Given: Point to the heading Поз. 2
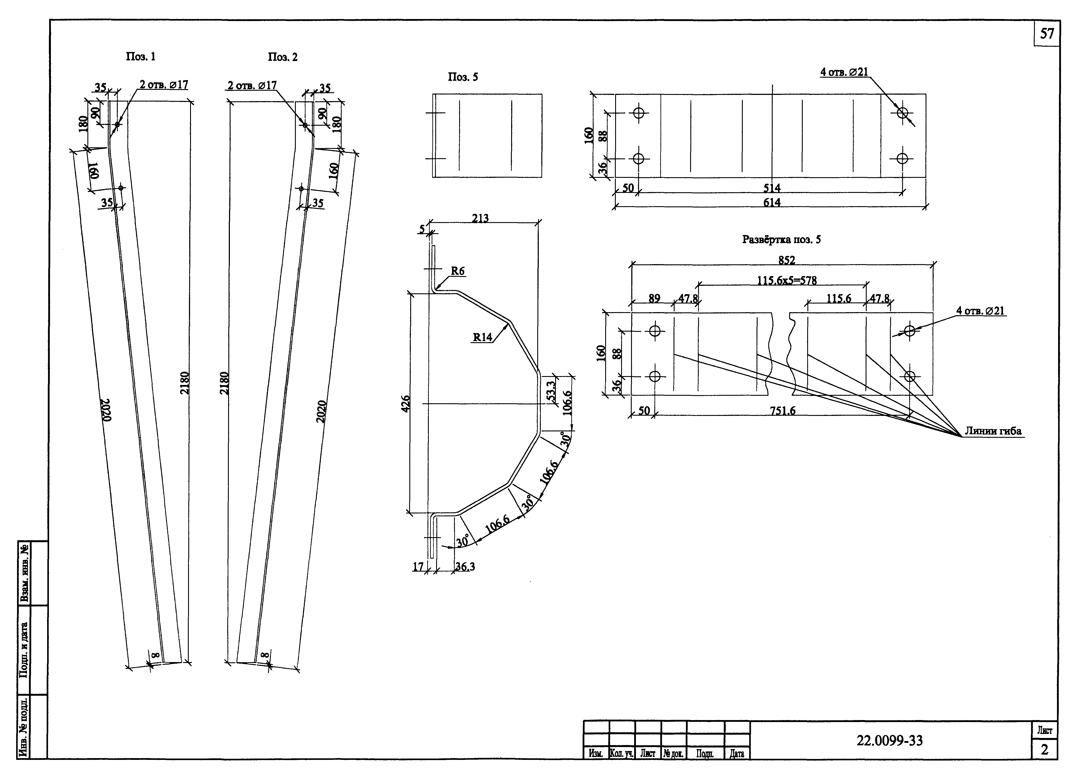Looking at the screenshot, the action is [x=283, y=57].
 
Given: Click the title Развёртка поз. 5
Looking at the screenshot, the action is [x=782, y=239].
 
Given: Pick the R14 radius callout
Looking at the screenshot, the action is [x=482, y=337].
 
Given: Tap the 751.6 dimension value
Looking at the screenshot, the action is [x=782, y=410].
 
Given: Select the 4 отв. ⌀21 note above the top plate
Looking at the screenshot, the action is [x=844, y=72].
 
